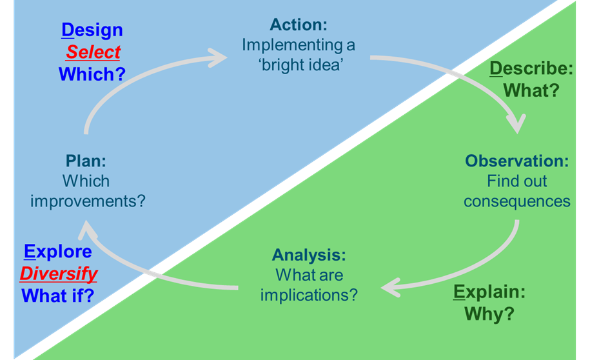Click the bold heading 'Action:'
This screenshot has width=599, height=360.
point(299,25)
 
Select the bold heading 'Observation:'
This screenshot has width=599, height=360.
point(517,161)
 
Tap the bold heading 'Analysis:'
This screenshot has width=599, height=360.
point(309,254)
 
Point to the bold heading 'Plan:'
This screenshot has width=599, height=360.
point(87,161)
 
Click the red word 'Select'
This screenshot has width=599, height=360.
point(93,52)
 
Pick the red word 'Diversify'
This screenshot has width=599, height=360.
point(59,274)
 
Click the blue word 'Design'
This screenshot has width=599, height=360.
point(92,30)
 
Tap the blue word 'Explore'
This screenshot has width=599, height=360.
point(58,252)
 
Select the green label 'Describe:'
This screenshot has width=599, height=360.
point(531,68)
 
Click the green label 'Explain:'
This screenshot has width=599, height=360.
point(489,292)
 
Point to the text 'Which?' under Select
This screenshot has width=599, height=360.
point(92,74)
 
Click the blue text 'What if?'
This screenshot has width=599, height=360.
point(58,296)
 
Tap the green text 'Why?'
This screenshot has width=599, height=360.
point(489,314)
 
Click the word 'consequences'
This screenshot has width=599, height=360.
point(517,201)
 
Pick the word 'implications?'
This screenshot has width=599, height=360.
point(309,295)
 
